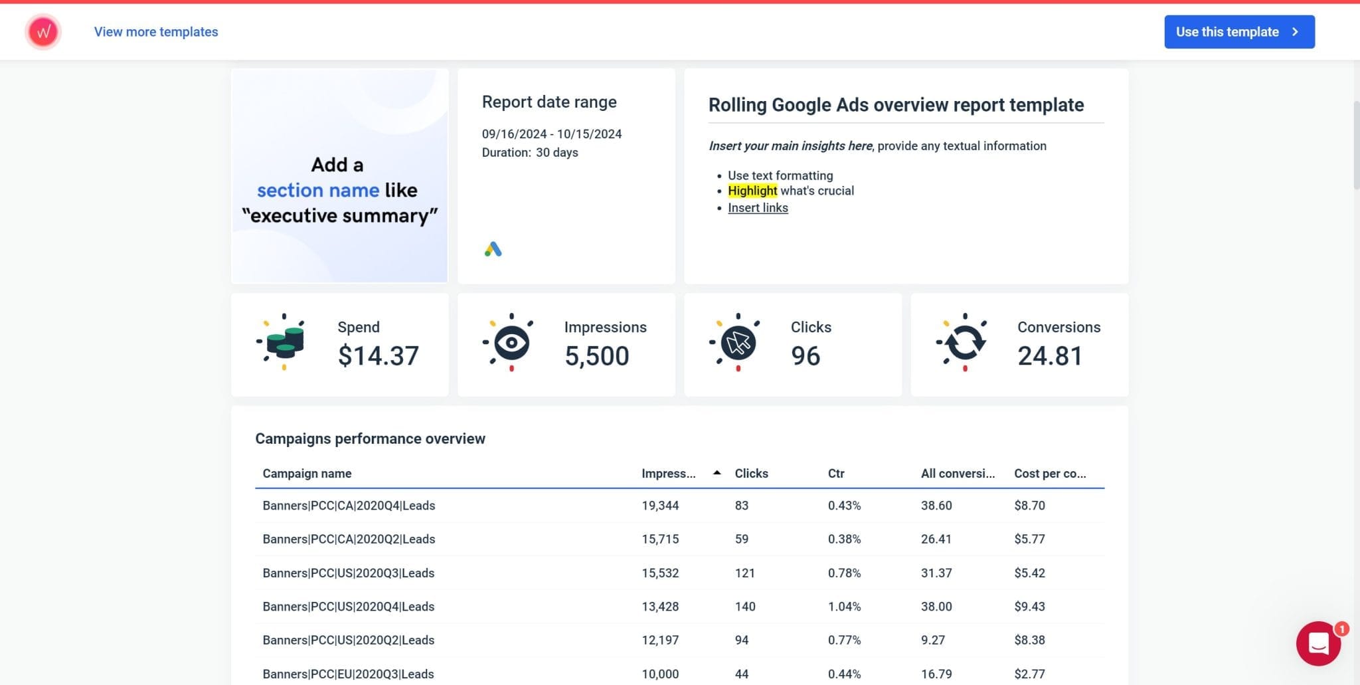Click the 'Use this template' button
pos(1238,32)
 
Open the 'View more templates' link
pos(156,32)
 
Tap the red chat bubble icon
pos(1318,643)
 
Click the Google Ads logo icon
pos(493,249)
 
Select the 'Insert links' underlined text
pos(758,208)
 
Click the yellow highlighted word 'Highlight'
pos(752,191)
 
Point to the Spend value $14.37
pos(378,356)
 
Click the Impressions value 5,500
pos(596,356)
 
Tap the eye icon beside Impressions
pos(511,343)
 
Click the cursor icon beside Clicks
pos(737,343)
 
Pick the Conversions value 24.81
pos(1049,356)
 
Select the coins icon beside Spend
pos(284,342)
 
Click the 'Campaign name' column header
pos(307,474)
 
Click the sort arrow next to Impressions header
pos(717,473)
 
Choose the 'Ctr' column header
pos(836,474)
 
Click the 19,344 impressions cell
pos(660,506)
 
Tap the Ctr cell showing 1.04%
pos(844,607)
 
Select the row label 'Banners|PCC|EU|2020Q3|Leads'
pos(348,674)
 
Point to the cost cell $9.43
pos(1029,607)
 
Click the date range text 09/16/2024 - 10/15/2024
pos(551,134)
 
